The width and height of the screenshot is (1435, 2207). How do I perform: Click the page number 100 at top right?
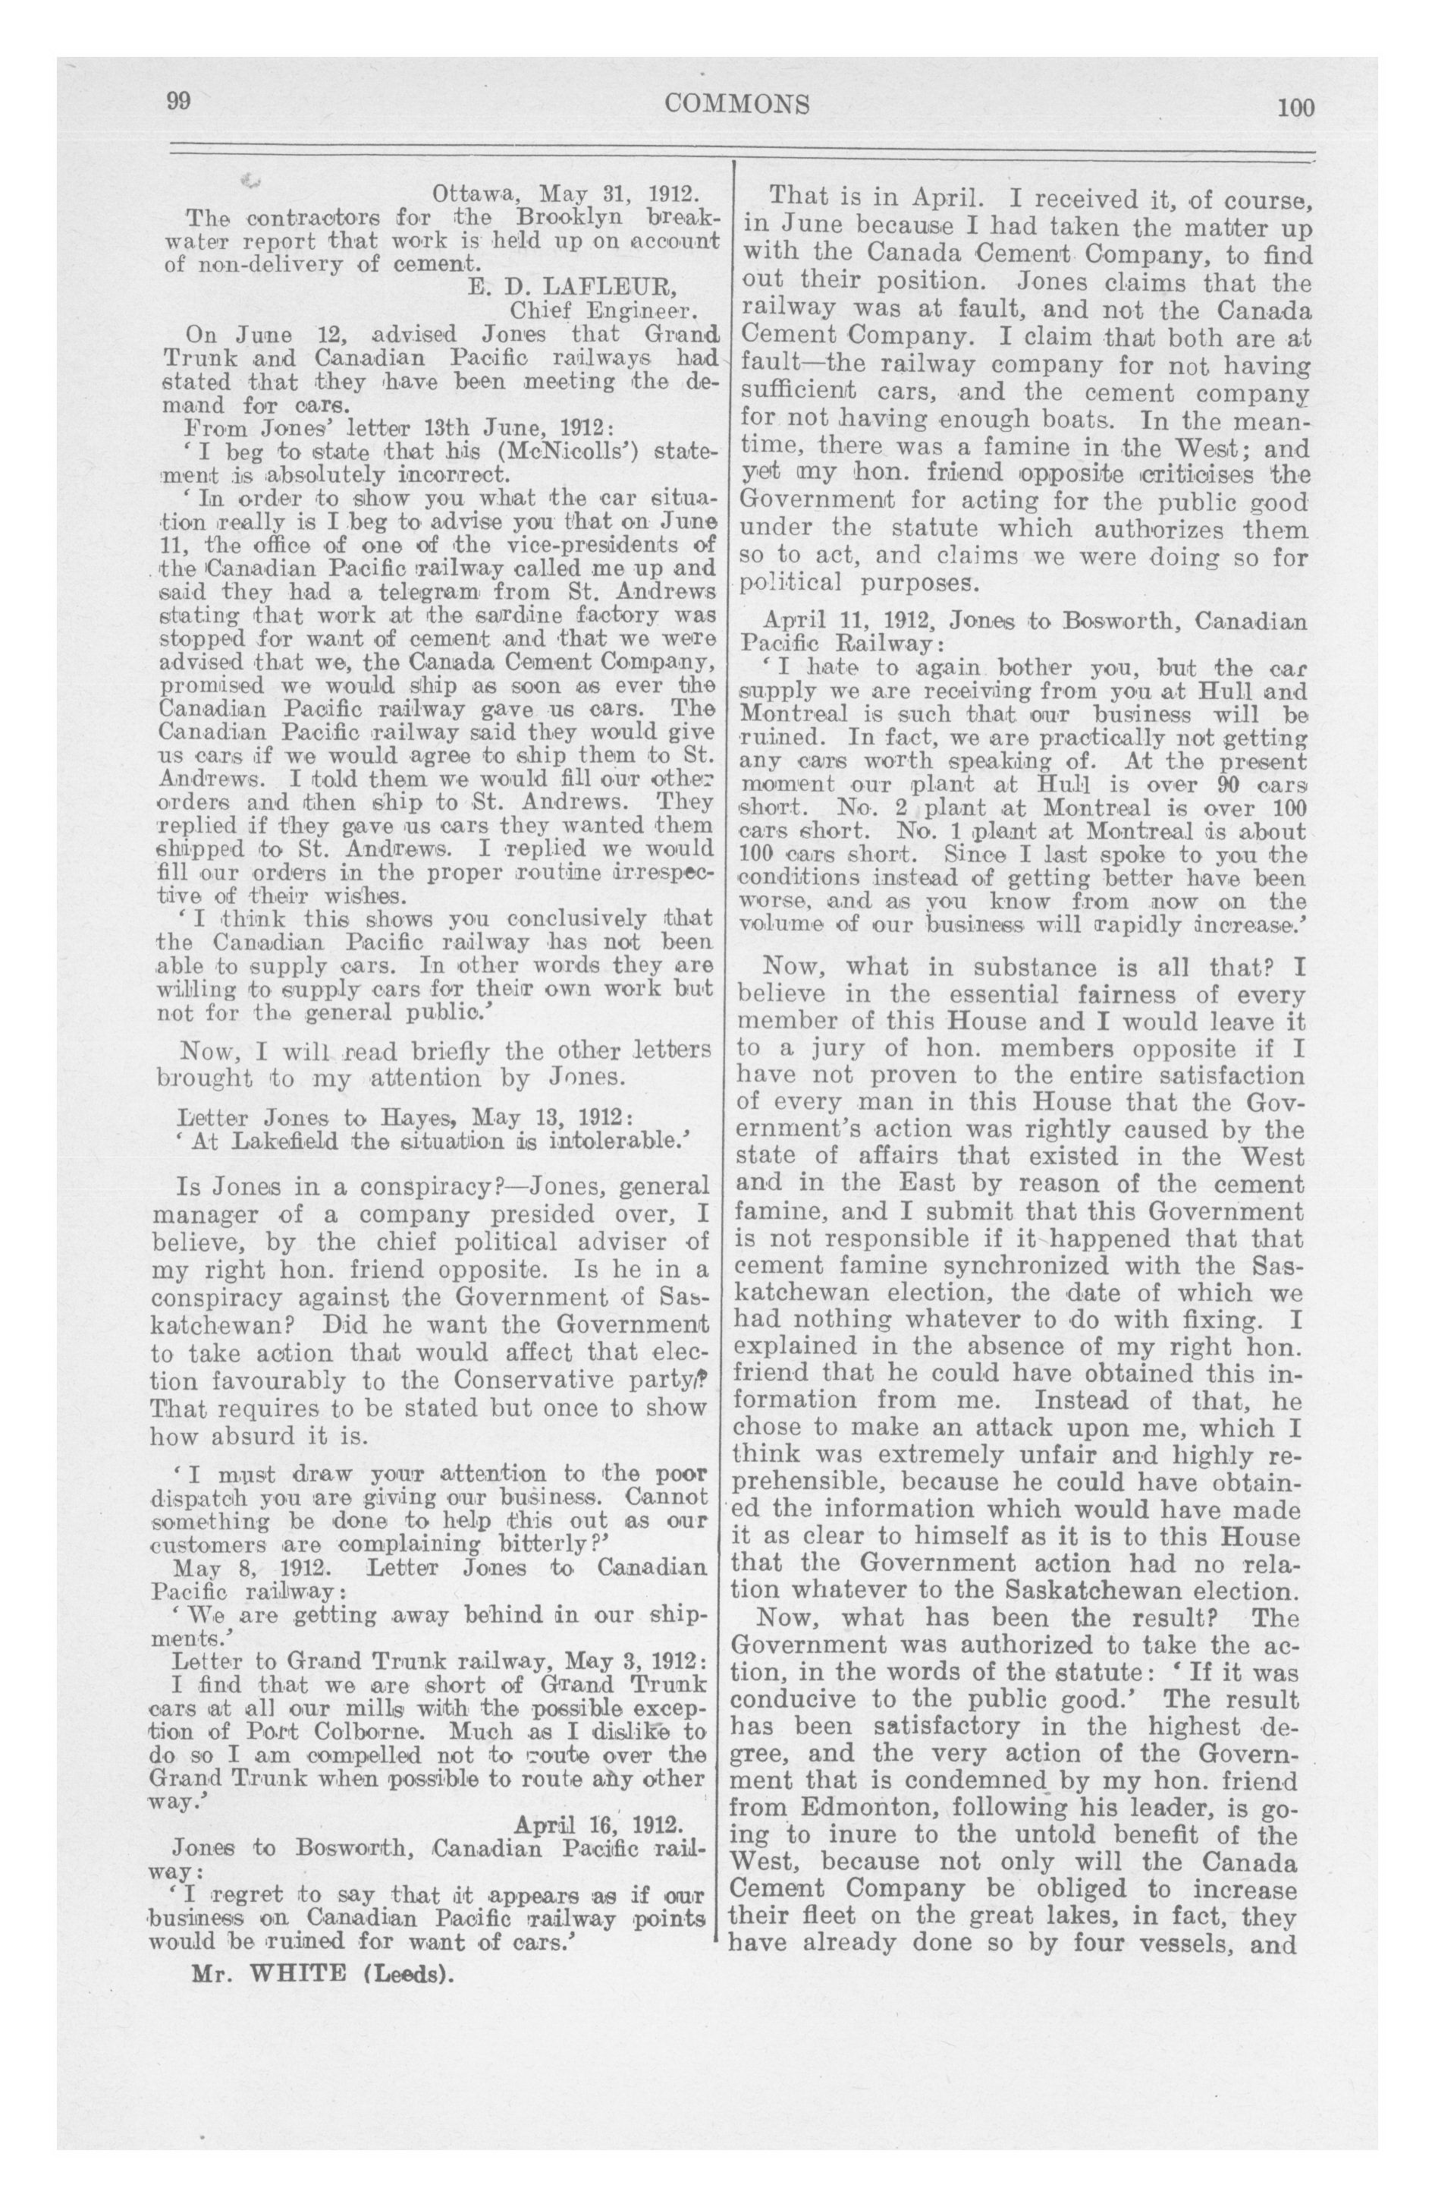click(1295, 107)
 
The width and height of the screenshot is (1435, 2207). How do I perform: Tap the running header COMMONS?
click(737, 104)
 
